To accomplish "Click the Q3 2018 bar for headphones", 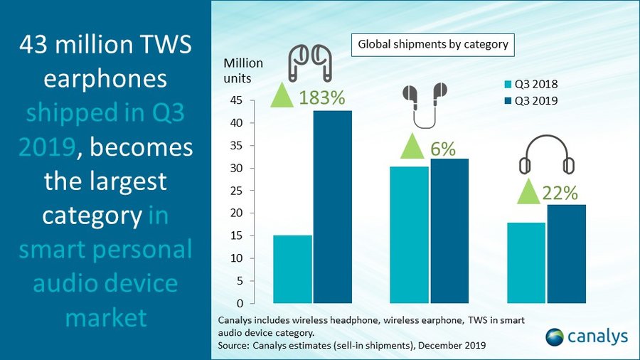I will point(526,263).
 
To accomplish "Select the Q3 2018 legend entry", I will point(531,85).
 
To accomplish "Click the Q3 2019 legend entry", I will point(531,101).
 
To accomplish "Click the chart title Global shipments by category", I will point(432,44).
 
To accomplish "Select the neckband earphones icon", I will point(425,104).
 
